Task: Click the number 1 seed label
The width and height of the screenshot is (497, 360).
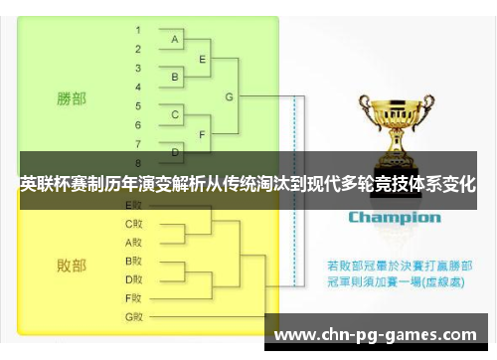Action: click(x=138, y=30)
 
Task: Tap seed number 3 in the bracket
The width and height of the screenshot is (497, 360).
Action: click(x=138, y=67)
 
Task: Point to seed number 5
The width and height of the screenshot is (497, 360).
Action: click(x=138, y=104)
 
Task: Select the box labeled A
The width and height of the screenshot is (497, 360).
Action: click(x=176, y=39)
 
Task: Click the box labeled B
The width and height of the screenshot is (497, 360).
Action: click(x=176, y=76)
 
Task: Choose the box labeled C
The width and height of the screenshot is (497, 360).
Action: click(x=176, y=114)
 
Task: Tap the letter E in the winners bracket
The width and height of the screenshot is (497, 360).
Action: click(x=203, y=58)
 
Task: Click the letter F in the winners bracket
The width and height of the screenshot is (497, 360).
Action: click(x=203, y=133)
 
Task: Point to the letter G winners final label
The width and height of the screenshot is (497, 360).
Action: click(x=230, y=96)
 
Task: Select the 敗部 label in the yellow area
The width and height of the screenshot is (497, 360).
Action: click(x=71, y=266)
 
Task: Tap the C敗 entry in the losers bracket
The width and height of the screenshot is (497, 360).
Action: click(x=134, y=223)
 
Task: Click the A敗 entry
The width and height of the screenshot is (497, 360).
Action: click(x=134, y=242)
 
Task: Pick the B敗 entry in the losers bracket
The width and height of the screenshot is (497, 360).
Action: click(x=134, y=261)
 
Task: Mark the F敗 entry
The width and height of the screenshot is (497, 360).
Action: click(x=134, y=297)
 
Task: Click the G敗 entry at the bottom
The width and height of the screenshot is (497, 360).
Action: click(x=134, y=316)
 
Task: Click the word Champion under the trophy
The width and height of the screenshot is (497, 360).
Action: click(x=394, y=217)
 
